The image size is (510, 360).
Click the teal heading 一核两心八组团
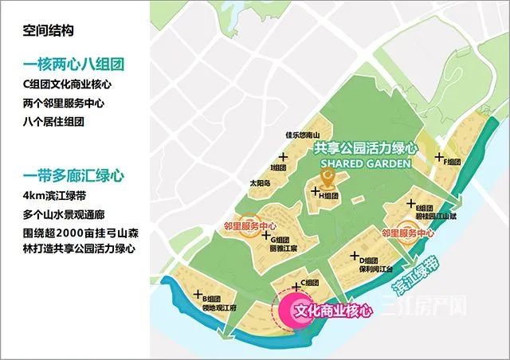[x=78, y=65]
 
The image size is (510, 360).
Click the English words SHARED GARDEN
[x=366, y=163]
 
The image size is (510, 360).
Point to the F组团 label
[x=450, y=162]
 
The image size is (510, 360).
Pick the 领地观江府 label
[x=198, y=310]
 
